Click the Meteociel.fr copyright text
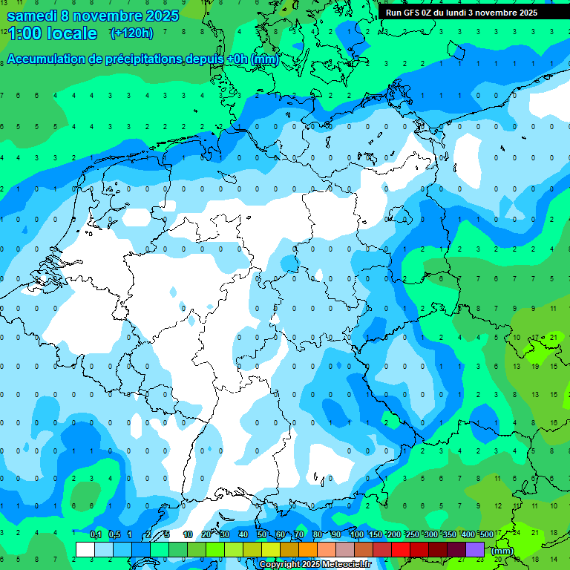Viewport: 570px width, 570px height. pos(315,565)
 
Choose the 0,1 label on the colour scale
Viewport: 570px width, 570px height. pos(96,535)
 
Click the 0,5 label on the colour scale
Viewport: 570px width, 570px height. pos(114,535)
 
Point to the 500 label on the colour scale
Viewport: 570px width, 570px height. pos(486,535)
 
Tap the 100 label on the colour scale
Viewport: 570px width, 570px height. pos(356,535)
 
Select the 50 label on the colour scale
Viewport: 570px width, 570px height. pos(262,535)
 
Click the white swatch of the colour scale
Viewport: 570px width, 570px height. pos(85,550)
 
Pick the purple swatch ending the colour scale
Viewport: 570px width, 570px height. pos(475,550)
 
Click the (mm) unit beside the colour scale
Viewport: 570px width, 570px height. pos(502,551)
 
